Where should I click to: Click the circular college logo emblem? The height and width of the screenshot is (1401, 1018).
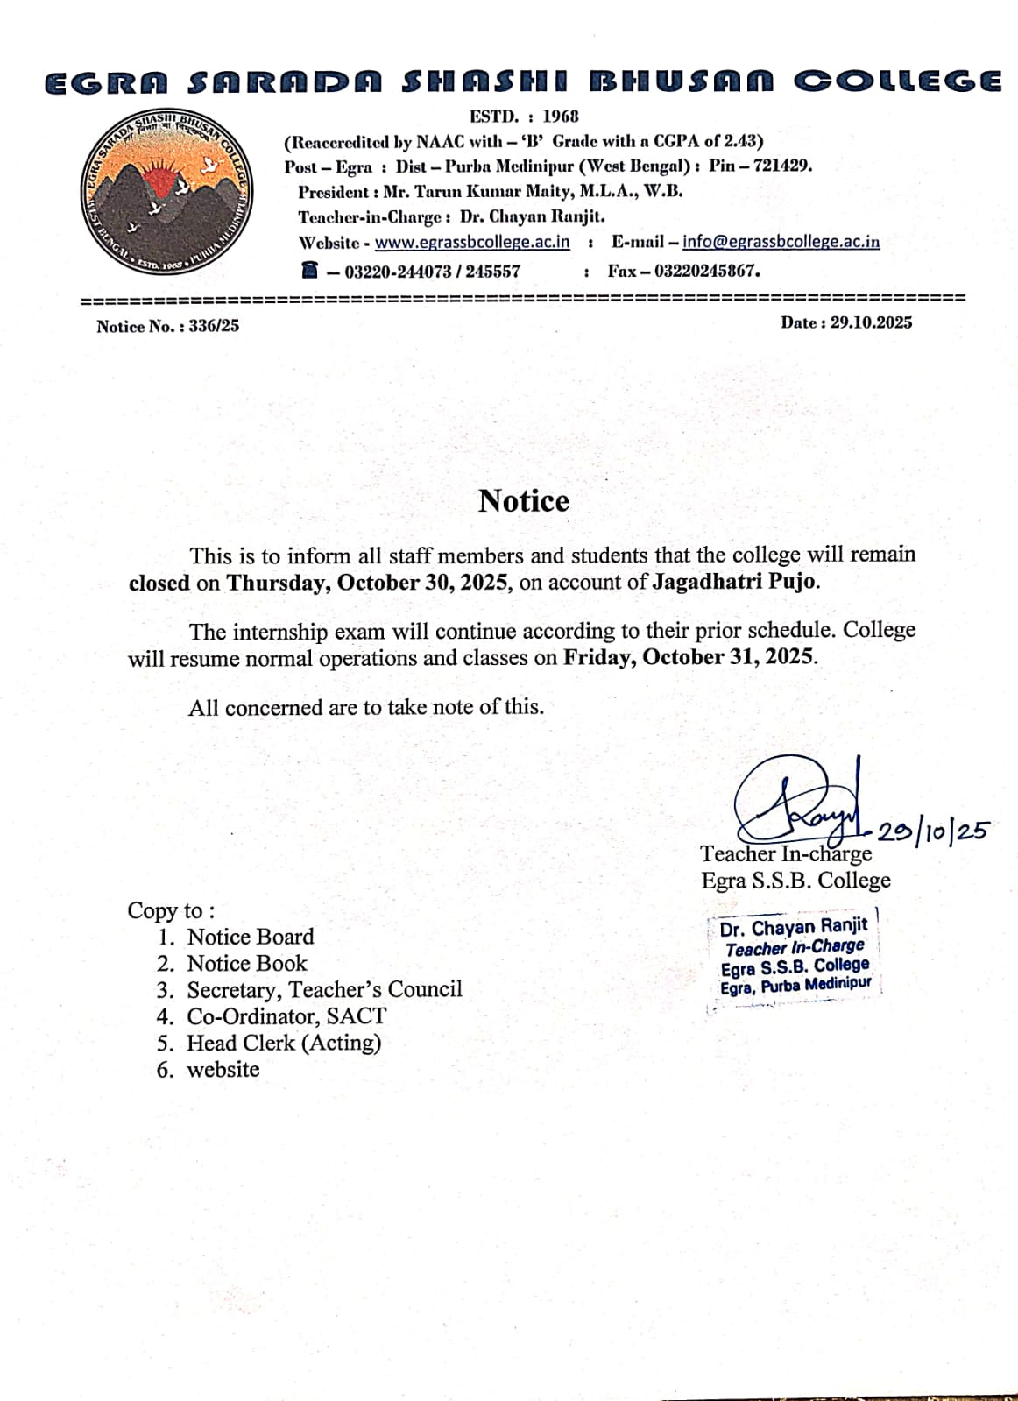(x=166, y=192)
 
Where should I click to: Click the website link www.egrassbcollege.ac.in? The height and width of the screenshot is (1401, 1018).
(x=472, y=242)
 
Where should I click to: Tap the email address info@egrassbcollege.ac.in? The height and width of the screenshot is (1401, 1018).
(x=781, y=242)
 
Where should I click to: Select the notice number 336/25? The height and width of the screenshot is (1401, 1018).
(x=214, y=326)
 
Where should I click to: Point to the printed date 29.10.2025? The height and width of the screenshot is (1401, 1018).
(x=871, y=322)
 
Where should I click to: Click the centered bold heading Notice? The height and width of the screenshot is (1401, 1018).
(x=524, y=500)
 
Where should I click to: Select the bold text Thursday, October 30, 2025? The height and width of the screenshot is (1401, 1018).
(x=368, y=583)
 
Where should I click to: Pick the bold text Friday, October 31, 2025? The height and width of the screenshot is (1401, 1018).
(x=689, y=657)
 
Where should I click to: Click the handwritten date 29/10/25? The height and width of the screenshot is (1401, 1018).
(x=933, y=831)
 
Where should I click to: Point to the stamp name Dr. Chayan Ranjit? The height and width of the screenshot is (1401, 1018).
(x=794, y=927)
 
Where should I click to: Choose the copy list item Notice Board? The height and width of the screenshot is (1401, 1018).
(x=251, y=937)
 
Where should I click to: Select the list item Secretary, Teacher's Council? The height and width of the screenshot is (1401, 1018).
(x=324, y=989)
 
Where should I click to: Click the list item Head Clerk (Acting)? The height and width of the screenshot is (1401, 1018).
(x=284, y=1043)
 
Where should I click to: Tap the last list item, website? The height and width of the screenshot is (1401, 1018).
(x=223, y=1070)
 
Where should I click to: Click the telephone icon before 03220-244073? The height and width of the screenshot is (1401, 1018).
(x=309, y=270)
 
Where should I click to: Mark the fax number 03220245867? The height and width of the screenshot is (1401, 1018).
(x=707, y=271)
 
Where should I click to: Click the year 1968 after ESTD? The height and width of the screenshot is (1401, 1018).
(x=561, y=116)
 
